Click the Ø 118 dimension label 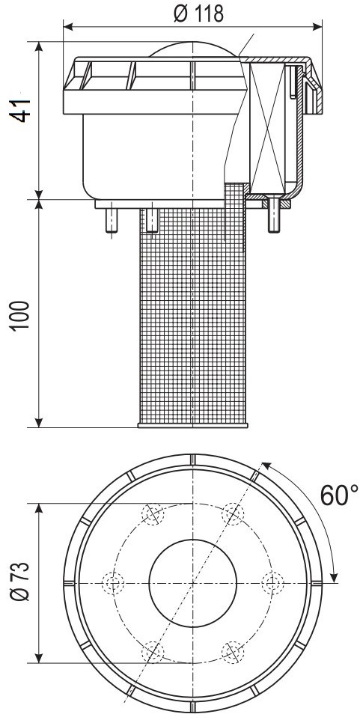click(x=199, y=14)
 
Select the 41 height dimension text click(x=21, y=110)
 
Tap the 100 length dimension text click(x=21, y=315)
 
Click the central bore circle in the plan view click(x=193, y=583)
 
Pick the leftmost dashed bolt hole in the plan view click(x=113, y=583)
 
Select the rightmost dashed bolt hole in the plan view click(x=272, y=583)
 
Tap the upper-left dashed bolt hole click(x=153, y=514)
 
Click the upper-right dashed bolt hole click(x=233, y=514)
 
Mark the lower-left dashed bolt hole click(x=153, y=652)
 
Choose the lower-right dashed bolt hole click(x=233, y=652)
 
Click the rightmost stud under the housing click(x=274, y=215)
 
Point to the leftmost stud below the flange click(x=112, y=221)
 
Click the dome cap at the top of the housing click(x=195, y=49)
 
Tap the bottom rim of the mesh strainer click(x=193, y=426)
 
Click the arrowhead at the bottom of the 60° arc click(x=335, y=575)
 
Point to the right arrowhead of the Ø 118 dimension click(x=317, y=27)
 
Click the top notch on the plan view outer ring click(x=193, y=460)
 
